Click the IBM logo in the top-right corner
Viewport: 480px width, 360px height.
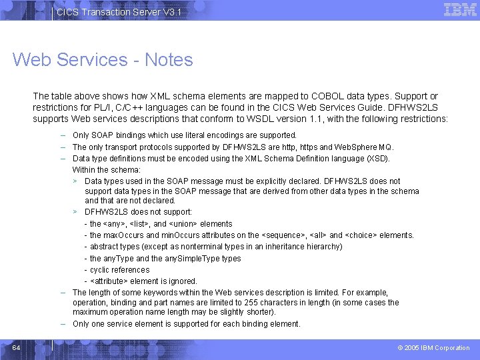coord(460,10)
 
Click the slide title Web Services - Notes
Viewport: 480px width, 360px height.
coord(103,60)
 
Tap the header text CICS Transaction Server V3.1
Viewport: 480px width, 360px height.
coord(118,13)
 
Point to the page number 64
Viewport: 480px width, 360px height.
coord(17,348)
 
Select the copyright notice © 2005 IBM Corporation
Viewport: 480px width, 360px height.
coord(433,348)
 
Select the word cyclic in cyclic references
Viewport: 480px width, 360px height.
coord(101,270)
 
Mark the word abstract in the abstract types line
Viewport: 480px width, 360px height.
coord(104,247)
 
